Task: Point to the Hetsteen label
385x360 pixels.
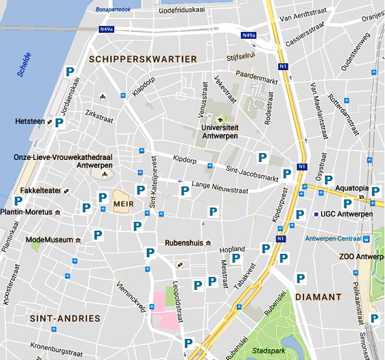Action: [29, 122]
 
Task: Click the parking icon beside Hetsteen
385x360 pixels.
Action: [59, 122]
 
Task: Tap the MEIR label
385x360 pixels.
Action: [123, 203]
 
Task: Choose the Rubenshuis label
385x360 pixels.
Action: [184, 243]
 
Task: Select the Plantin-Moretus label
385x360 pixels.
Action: [27, 212]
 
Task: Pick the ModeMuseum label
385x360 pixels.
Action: [48, 240]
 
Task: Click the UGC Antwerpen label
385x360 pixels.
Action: [347, 214]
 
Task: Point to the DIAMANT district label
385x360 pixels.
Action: [318, 297]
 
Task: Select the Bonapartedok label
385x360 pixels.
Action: [114, 10]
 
